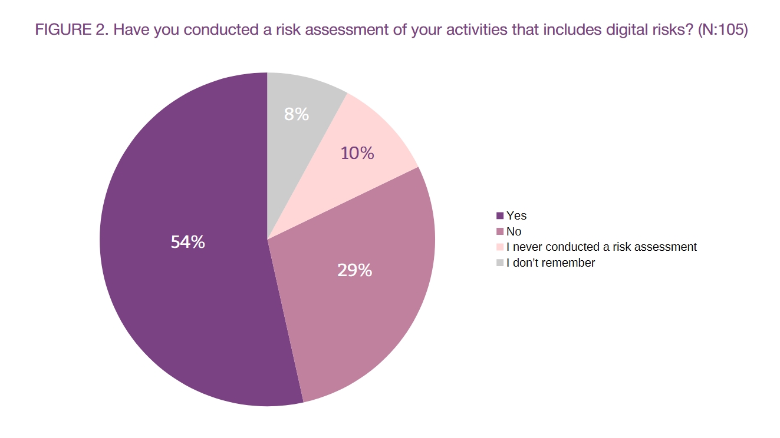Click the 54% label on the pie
point(187,242)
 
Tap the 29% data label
point(354,270)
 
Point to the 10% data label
point(357,153)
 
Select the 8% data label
point(297,114)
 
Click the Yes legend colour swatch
point(500,216)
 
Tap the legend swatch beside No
point(500,231)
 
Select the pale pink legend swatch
point(500,247)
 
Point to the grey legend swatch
point(500,263)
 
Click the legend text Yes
point(516,216)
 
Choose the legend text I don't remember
point(551,263)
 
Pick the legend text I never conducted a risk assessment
point(602,247)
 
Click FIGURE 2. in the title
point(72,29)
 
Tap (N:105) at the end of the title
point(723,30)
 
